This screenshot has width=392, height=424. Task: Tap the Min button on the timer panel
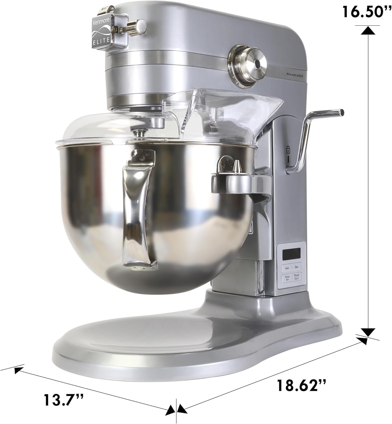click(x=287, y=267)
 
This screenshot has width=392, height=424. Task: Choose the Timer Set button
click(x=287, y=278)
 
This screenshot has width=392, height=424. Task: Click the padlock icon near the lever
click(x=288, y=150)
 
